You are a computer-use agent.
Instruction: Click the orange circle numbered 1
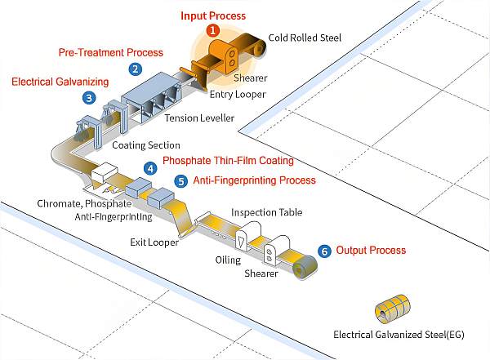(213, 30)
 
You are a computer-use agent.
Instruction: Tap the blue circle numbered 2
(136, 69)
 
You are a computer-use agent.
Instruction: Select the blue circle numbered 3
(89, 98)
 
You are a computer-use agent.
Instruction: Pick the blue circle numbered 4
(150, 169)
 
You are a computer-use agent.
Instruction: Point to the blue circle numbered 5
(181, 181)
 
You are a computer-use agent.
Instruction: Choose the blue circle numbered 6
(324, 251)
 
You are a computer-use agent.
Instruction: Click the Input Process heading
(213, 16)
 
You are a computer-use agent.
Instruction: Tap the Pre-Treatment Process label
(111, 52)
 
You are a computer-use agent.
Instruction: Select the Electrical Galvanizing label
(60, 82)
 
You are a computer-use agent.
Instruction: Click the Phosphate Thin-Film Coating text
(228, 161)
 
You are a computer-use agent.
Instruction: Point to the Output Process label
(371, 250)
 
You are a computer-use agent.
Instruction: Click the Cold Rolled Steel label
(305, 38)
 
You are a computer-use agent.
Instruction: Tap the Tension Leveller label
(199, 118)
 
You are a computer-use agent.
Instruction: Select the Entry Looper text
(238, 95)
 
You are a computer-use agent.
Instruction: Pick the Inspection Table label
(267, 212)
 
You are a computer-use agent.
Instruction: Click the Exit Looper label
(154, 242)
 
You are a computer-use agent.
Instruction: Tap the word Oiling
(228, 260)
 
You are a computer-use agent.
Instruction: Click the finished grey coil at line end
(305, 268)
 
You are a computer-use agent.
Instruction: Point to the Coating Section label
(146, 145)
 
